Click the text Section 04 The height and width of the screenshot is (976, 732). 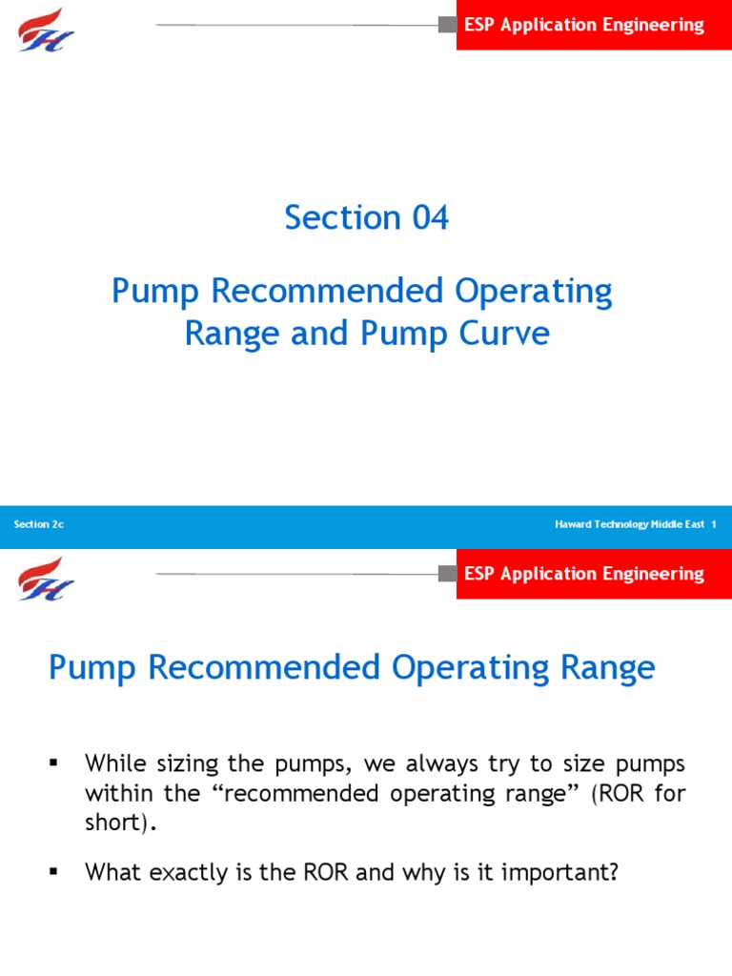pyautogui.click(x=366, y=218)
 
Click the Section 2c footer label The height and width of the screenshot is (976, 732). pyautogui.click(x=39, y=525)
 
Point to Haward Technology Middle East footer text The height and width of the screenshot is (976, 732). pyautogui.click(x=629, y=525)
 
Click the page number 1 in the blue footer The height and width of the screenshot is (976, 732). pyautogui.click(x=714, y=525)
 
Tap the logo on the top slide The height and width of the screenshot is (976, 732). pyautogui.click(x=46, y=29)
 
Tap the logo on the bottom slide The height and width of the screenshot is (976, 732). pyautogui.click(x=46, y=578)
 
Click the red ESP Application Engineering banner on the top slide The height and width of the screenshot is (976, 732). pyautogui.click(x=584, y=26)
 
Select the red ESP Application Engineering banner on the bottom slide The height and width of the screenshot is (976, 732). pyautogui.click(x=584, y=574)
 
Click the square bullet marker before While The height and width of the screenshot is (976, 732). pyautogui.click(x=53, y=763)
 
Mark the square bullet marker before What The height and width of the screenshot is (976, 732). pyautogui.click(x=53, y=871)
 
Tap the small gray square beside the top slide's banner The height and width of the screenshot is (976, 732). pyautogui.click(x=447, y=25)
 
